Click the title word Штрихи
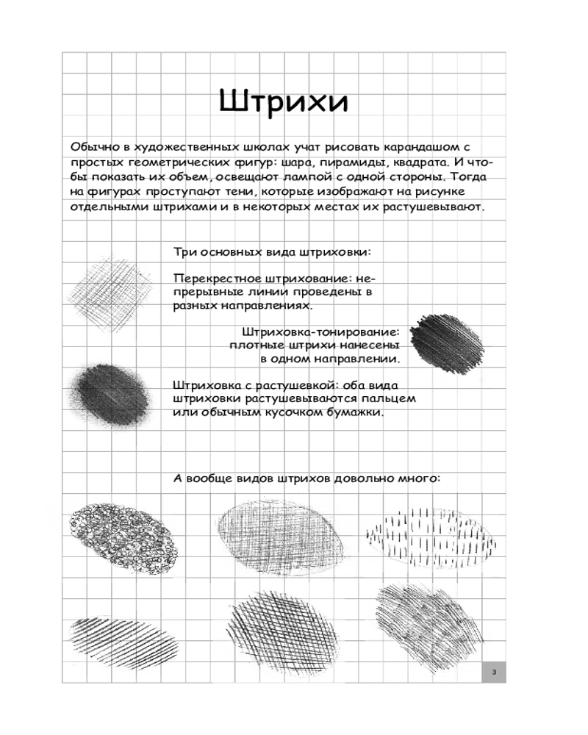[x=284, y=102]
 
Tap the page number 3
[x=494, y=673]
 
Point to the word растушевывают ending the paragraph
[x=434, y=207]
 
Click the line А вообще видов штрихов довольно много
[x=306, y=478]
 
